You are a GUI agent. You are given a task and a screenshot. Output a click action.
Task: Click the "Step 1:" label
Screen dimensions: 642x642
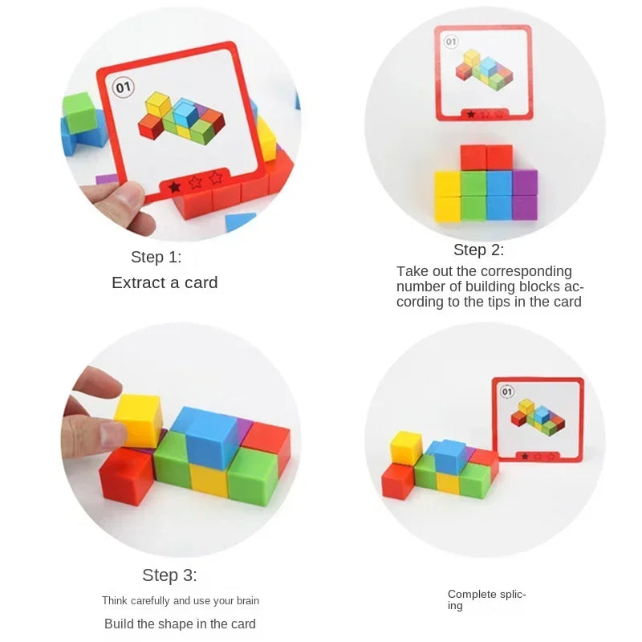pos(156,258)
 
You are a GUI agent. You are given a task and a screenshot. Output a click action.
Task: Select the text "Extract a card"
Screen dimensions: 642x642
pos(165,282)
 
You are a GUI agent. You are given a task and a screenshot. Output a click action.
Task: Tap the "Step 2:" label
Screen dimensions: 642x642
pos(478,250)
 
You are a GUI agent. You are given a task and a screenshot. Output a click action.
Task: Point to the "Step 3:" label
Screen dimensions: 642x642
pos(169,575)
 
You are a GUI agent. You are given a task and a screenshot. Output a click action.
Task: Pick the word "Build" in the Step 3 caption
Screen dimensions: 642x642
pos(120,624)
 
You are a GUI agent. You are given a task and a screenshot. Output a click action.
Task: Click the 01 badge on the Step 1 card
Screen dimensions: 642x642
pos(124,87)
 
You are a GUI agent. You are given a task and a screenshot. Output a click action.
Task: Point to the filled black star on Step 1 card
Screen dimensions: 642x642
pos(174,186)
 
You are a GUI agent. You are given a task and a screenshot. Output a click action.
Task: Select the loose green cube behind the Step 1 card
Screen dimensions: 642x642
pos(79,112)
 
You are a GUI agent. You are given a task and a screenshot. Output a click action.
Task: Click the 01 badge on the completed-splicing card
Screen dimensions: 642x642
pos(506,392)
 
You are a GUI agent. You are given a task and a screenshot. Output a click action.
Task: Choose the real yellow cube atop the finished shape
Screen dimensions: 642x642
pos(406,447)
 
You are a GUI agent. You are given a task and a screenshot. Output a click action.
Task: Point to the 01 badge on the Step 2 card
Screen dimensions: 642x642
pos(450,42)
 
